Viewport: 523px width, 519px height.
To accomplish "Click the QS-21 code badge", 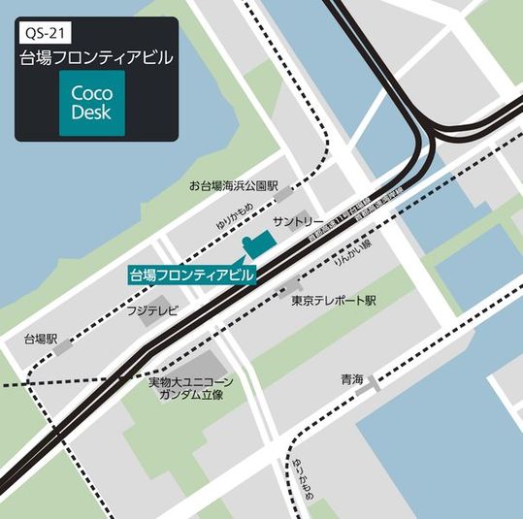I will pyautogui.click(x=47, y=32).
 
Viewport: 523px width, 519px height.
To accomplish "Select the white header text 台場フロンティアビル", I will pyautogui.click(x=96, y=58).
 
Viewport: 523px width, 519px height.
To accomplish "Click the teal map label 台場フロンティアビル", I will pyautogui.click(x=192, y=275).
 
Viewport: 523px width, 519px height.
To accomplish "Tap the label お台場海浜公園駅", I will pyautogui.click(x=233, y=185).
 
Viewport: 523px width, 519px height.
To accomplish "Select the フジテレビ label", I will pyautogui.click(x=152, y=311).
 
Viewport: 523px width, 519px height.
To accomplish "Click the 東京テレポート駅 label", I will pyautogui.click(x=333, y=301).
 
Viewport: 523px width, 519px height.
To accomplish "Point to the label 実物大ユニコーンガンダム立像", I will pyautogui.click(x=186, y=388).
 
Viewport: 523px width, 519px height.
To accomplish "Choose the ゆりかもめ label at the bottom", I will pyautogui.click(x=296, y=478).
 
